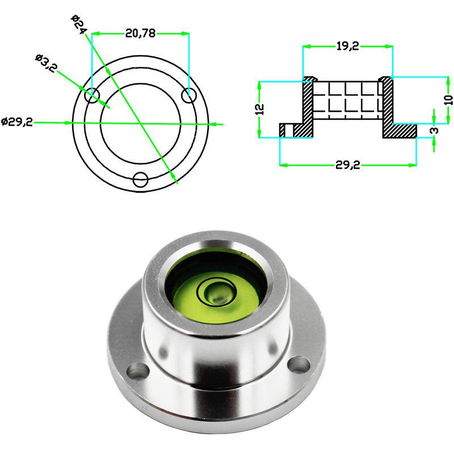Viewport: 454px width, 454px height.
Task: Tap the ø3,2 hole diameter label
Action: point(46,63)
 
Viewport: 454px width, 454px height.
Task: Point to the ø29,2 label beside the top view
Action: point(17,122)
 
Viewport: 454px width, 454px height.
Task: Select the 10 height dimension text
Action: point(448,99)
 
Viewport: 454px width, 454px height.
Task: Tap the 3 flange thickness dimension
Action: point(434,130)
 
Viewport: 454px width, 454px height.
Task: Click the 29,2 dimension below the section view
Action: point(348,165)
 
